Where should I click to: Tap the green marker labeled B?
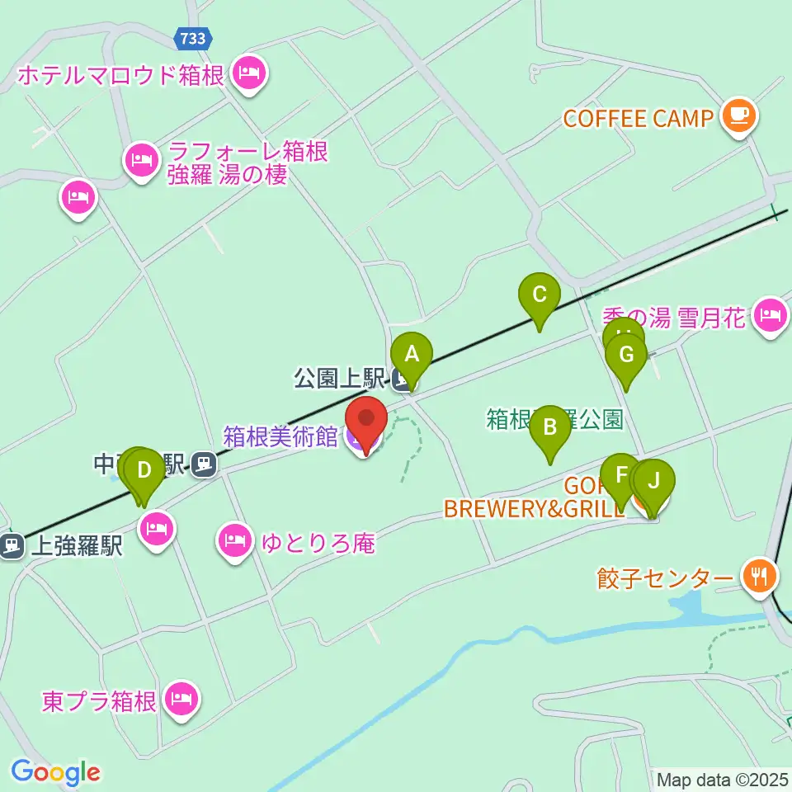tap(550, 427)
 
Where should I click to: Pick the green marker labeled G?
tap(625, 356)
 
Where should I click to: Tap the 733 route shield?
tap(194, 37)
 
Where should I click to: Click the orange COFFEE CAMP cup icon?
tap(738, 116)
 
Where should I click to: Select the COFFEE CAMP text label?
tap(638, 118)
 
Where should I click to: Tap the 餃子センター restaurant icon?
tap(757, 574)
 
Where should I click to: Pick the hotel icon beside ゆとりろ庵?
tap(234, 540)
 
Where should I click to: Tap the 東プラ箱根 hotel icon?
tap(180, 700)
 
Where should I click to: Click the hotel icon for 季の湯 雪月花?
tap(771, 314)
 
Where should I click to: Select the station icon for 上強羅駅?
tap(12, 544)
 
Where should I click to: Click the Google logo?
tap(55, 772)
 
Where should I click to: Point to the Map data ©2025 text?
tap(721, 779)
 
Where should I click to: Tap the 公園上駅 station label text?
tap(340, 379)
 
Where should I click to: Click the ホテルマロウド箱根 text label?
tap(120, 76)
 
